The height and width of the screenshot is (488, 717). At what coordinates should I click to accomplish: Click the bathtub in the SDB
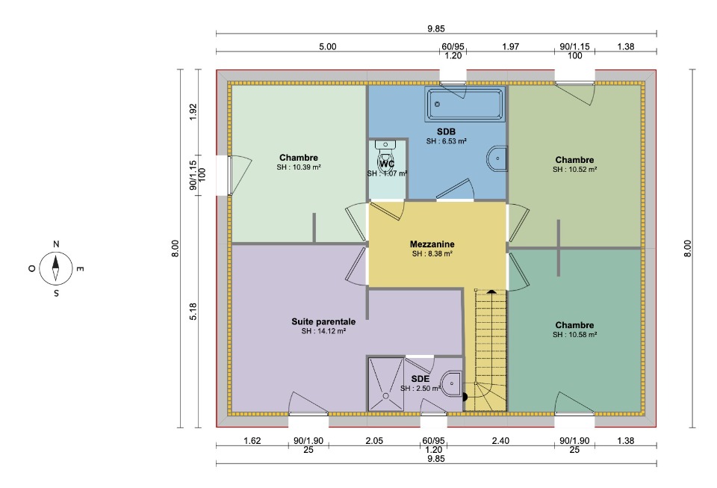click(465, 105)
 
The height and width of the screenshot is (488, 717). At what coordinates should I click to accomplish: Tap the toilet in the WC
click(386, 156)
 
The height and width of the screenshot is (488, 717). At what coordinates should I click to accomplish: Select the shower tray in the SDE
click(386, 384)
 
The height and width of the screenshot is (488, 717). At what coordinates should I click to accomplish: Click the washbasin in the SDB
click(497, 158)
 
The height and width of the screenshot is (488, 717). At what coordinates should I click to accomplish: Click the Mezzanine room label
click(432, 244)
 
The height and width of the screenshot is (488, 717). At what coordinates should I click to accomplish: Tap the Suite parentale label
click(323, 321)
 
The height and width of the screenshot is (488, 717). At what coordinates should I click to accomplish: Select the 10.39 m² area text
click(299, 167)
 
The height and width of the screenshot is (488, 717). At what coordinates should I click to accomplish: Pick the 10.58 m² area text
click(575, 335)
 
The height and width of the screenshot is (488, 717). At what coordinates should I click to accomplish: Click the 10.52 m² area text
click(575, 169)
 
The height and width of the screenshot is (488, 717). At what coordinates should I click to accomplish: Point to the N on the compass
click(56, 244)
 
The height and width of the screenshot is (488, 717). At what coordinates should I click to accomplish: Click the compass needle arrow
click(56, 268)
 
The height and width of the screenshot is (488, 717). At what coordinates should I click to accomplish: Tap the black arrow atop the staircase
click(491, 291)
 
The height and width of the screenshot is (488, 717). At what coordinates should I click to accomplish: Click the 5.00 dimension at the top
click(327, 46)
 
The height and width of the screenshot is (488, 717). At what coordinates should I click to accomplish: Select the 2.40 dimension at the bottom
click(500, 441)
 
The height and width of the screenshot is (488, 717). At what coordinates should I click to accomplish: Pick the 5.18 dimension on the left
click(193, 312)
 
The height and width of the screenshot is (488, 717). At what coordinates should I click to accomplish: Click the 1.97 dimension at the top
click(510, 46)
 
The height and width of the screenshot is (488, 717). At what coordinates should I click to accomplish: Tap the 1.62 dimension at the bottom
click(252, 441)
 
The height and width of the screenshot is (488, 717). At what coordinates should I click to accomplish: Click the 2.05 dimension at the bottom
click(374, 441)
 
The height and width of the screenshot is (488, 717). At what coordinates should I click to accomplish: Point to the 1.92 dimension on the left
click(193, 112)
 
